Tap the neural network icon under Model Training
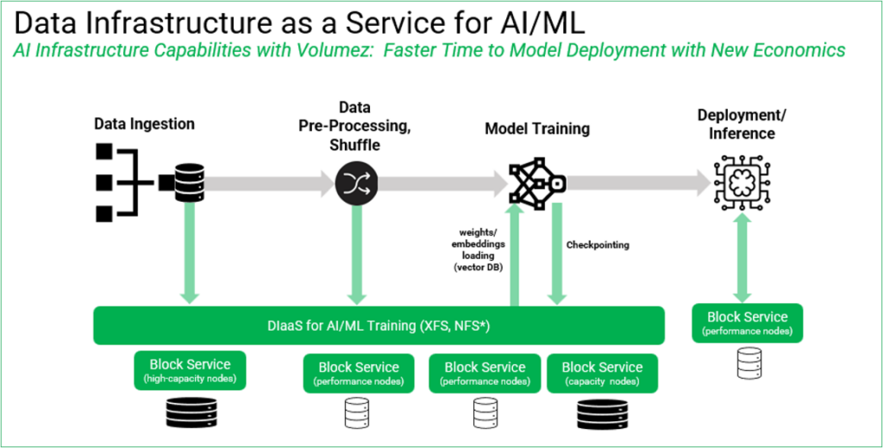tap(537, 184)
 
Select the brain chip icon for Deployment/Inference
tap(742, 184)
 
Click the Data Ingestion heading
tap(145, 124)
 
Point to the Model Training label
tap(537, 129)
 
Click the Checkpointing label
tap(598, 245)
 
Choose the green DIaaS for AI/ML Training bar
tap(379, 325)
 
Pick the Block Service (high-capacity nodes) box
tap(190, 369)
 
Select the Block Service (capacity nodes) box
tap(602, 373)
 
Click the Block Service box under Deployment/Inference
tap(748, 323)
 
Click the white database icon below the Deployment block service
tap(748, 363)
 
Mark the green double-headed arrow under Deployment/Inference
tap(742, 259)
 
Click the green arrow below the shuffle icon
tap(357, 254)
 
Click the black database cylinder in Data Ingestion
tap(190, 183)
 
